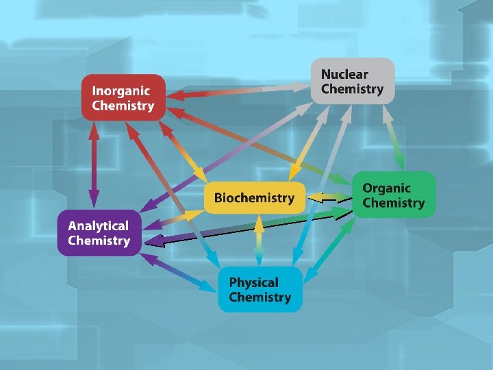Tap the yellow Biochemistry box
coord(254,198)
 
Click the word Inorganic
coord(121,91)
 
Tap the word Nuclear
coord(344,74)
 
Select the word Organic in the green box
coord(386,188)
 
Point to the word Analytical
coord(98,225)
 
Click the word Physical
coord(253,282)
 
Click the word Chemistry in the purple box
coord(99,241)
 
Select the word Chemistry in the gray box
coord(352,89)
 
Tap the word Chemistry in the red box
coord(123,106)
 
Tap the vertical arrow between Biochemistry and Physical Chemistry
coord(258,240)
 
